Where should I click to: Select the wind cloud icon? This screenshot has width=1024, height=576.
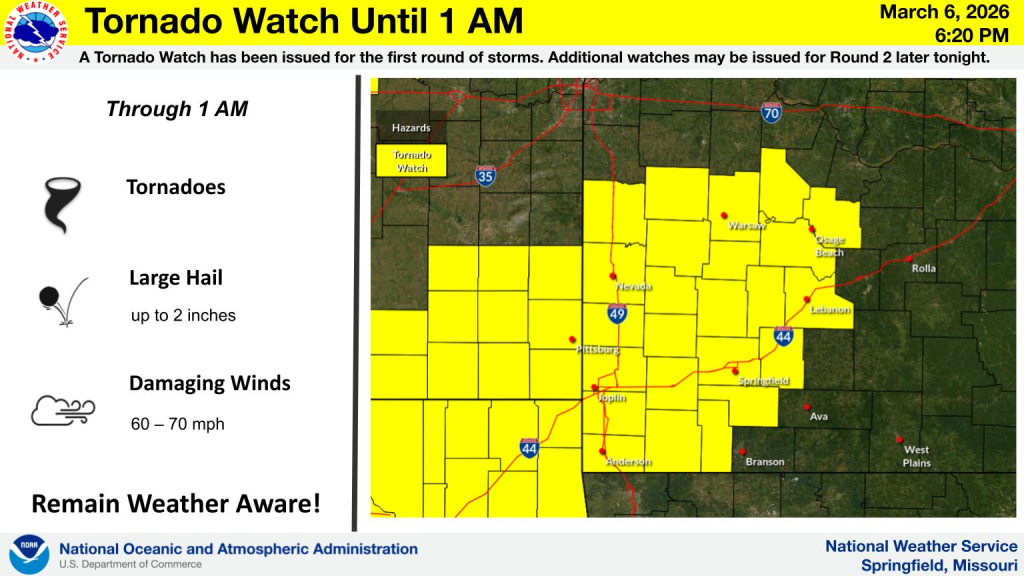pos(62,409)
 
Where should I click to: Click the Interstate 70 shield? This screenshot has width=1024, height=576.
pos(770,113)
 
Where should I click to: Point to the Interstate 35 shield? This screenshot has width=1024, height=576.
pos(485,176)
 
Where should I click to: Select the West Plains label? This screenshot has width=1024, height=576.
pos(917,457)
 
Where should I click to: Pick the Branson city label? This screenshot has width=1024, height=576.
pos(764,462)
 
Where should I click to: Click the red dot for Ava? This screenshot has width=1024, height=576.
pos(808,406)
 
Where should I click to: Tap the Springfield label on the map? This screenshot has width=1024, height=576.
pos(764,381)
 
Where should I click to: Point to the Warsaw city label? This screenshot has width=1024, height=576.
pos(746,225)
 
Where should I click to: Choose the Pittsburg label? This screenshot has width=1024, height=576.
pos(598,350)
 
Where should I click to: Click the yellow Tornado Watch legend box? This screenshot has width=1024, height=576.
pos(410,161)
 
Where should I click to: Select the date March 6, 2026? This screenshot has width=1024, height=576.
pos(931,13)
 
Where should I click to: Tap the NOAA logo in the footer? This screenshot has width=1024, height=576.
pos(29,555)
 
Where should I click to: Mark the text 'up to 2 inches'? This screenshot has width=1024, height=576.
pos(183,316)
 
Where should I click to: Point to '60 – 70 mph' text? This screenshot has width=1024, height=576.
pos(177,425)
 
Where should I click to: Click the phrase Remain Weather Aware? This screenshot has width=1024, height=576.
pos(176,503)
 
